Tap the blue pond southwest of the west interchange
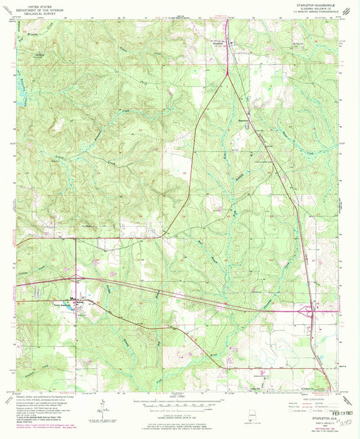(69, 302)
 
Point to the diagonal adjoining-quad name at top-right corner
(347, 12)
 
